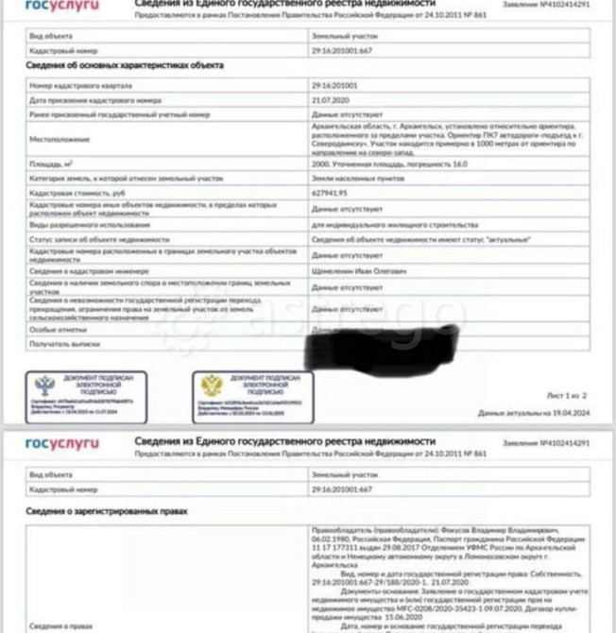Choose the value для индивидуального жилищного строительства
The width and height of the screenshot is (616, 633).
pos(378,226)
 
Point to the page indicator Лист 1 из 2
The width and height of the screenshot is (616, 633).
pos(567,395)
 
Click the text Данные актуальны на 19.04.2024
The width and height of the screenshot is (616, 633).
pos(534,413)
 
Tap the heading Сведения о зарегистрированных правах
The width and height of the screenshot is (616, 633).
pos(107,511)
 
